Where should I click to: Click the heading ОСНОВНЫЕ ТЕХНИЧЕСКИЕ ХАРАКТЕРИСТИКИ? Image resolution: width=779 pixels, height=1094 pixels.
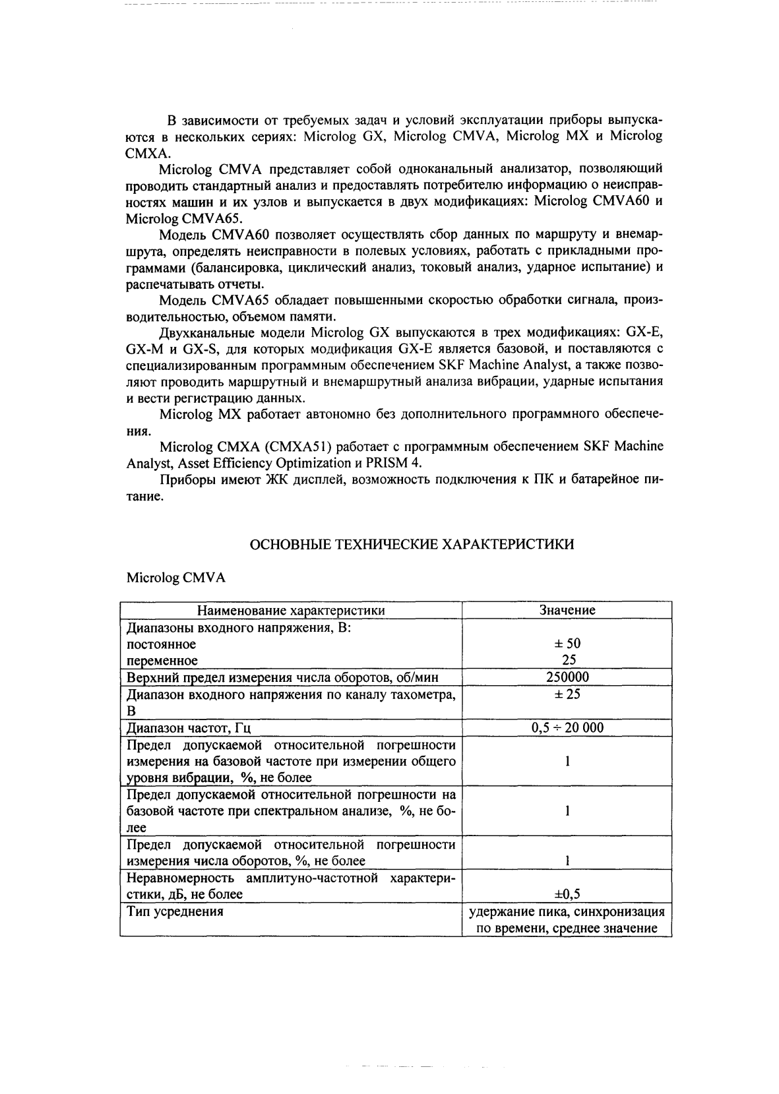[412, 544]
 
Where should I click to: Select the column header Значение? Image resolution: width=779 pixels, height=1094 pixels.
[567, 610]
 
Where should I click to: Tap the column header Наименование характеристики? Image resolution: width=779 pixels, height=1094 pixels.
[291, 610]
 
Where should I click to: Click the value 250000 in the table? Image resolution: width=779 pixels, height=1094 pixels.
[567, 677]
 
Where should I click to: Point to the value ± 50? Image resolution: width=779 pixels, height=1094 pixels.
[567, 644]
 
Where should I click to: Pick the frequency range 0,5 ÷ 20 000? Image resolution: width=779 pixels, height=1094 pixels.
[567, 728]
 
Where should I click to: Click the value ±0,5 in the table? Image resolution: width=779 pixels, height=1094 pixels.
[567, 894]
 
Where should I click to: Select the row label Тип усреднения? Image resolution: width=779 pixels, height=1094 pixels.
[175, 911]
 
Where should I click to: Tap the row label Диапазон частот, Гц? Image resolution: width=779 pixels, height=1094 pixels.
[189, 728]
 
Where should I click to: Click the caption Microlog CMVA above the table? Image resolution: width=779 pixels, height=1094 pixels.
[175, 578]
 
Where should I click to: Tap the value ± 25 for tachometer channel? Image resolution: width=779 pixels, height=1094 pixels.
[567, 694]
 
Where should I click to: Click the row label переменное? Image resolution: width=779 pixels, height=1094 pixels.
[162, 660]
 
